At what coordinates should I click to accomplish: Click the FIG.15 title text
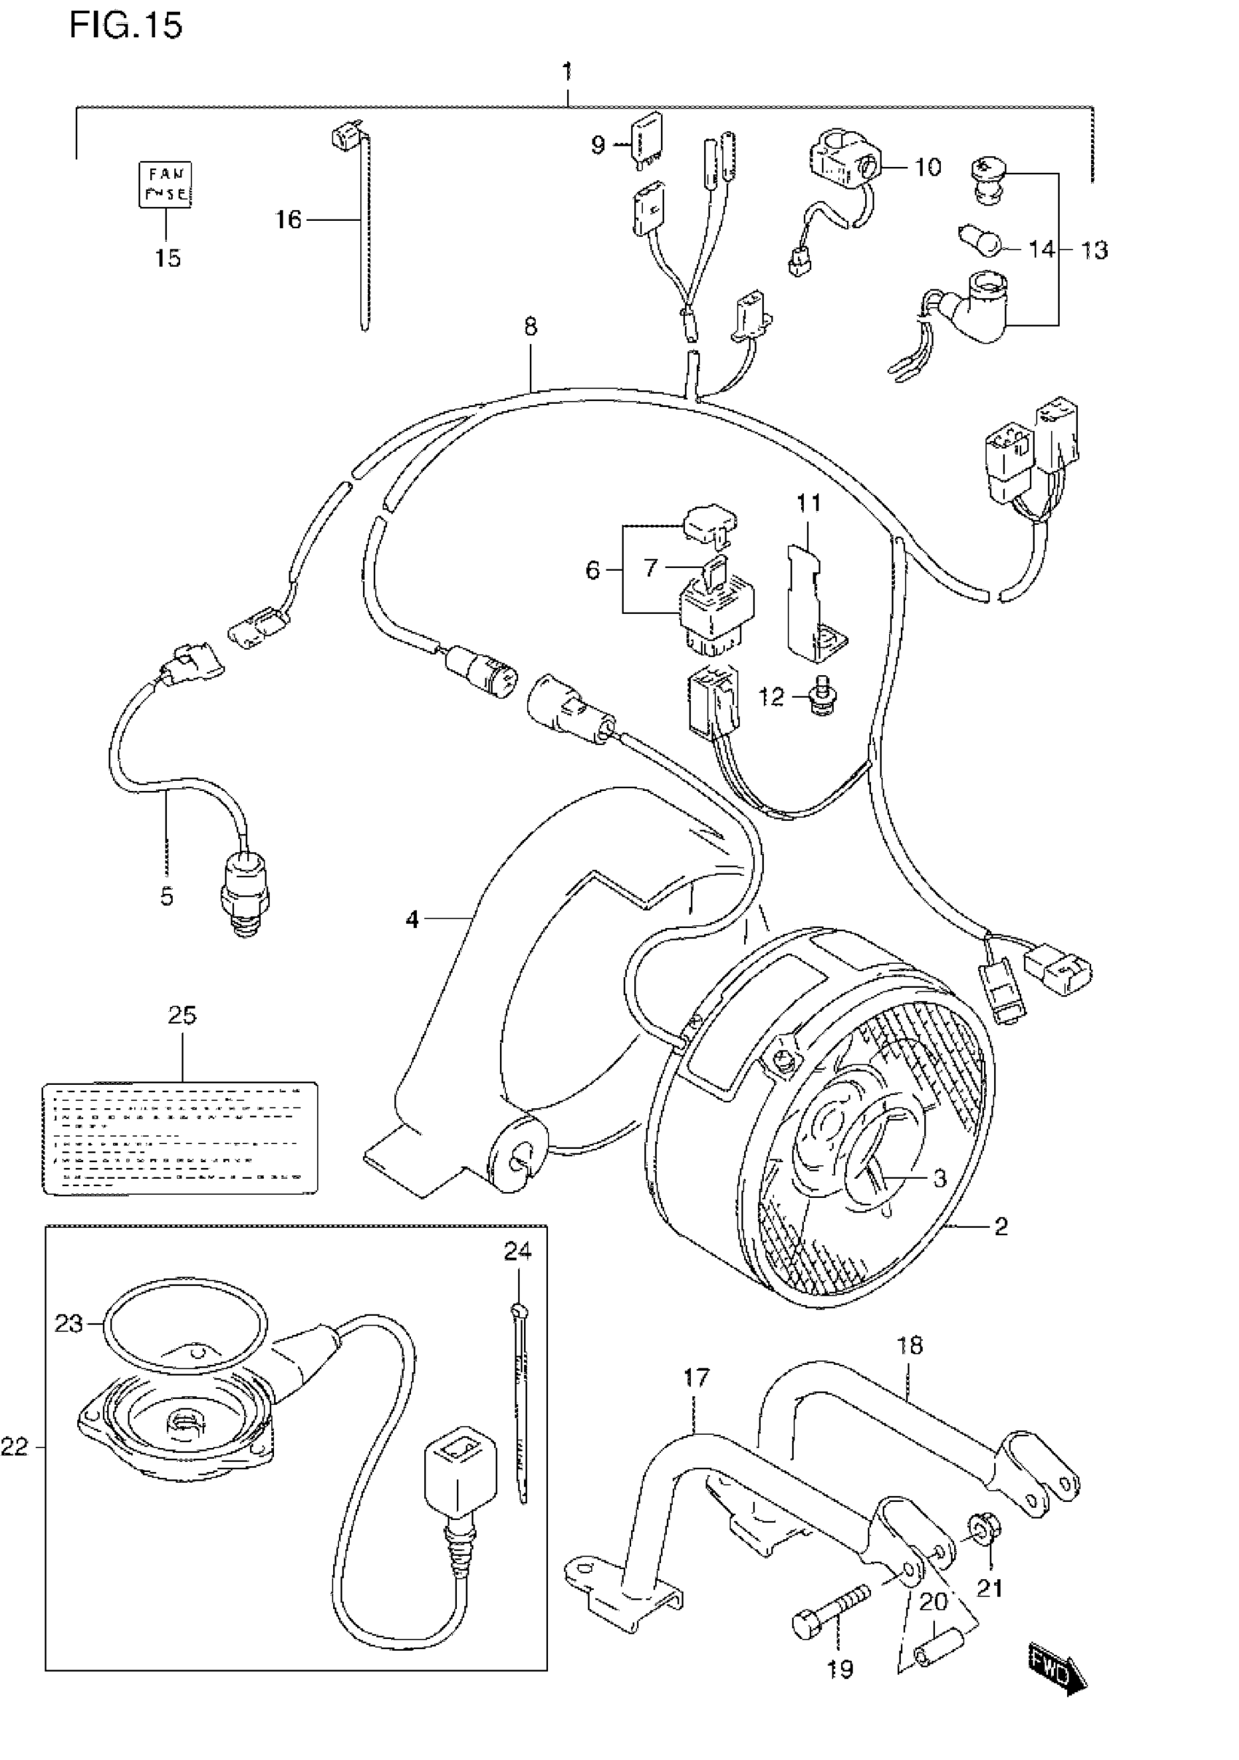point(125,26)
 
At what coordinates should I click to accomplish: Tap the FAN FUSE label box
point(165,184)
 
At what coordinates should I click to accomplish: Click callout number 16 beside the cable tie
point(289,220)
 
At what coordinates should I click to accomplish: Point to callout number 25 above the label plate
point(182,1015)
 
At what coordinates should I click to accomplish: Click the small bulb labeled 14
point(982,242)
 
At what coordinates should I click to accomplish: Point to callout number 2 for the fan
point(1001,1226)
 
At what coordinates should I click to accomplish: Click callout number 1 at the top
point(567,73)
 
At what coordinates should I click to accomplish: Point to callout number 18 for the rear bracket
point(910,1344)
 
